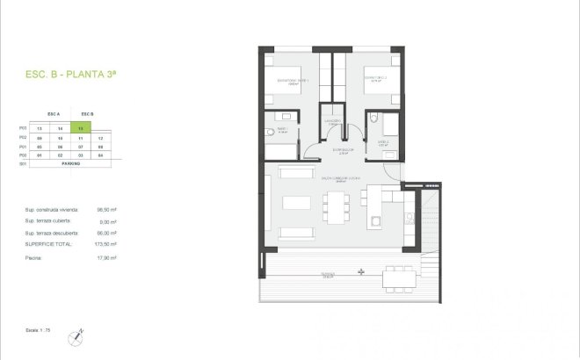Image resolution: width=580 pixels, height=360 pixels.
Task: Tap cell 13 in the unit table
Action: (39, 128)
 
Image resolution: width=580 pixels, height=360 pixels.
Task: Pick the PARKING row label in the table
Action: (70, 162)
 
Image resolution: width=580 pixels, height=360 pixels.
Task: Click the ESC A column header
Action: (54, 114)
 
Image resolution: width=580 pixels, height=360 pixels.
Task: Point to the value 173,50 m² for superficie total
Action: (107, 244)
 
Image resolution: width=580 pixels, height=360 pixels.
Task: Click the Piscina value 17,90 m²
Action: (107, 258)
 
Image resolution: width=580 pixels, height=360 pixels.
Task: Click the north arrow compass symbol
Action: (79, 334)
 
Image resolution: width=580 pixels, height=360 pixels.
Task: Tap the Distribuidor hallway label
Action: (343, 150)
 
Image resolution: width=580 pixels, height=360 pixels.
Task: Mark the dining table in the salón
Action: (336, 207)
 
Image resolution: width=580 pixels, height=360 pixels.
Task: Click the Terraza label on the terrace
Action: (327, 275)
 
